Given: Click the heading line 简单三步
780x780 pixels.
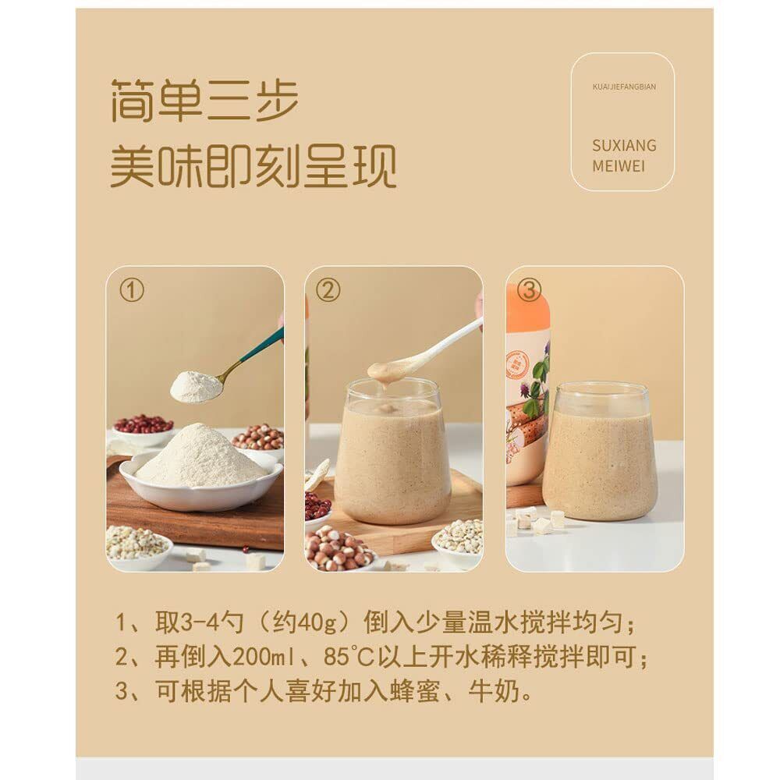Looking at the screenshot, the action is [204, 100].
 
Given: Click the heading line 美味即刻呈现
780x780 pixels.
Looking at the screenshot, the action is [253, 166].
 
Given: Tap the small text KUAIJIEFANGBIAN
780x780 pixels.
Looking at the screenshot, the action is [624, 87].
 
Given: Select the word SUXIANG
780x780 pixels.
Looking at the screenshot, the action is [624, 145].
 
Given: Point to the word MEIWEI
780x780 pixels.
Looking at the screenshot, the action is [619, 166].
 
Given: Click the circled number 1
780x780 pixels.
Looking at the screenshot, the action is [131, 290].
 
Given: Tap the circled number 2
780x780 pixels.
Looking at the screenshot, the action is [328, 290].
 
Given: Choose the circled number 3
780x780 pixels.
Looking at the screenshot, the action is [529, 290].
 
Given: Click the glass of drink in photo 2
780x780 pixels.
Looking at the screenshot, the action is [393, 451].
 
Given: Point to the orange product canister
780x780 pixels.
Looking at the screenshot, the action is [528, 388].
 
